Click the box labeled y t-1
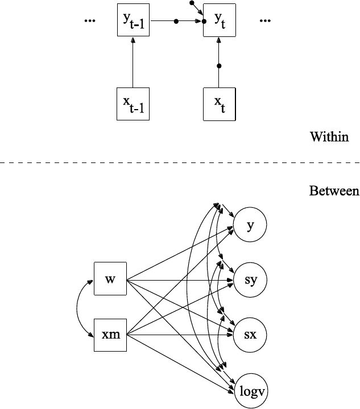coord(133,20)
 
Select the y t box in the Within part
coord(219,20)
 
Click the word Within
coord(329,137)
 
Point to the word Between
coord(334,191)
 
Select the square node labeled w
coord(110,279)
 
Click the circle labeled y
coord(250,226)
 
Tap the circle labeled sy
coord(250,280)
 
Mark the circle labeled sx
coord(250,335)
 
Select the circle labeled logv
coord(250,391)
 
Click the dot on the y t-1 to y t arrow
coord(176,22)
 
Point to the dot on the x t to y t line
coord(219,66)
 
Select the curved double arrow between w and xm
coord(78,307)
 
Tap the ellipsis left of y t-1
coord(89,21)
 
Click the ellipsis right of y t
coord(264,21)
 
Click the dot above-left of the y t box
coord(192,3)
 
